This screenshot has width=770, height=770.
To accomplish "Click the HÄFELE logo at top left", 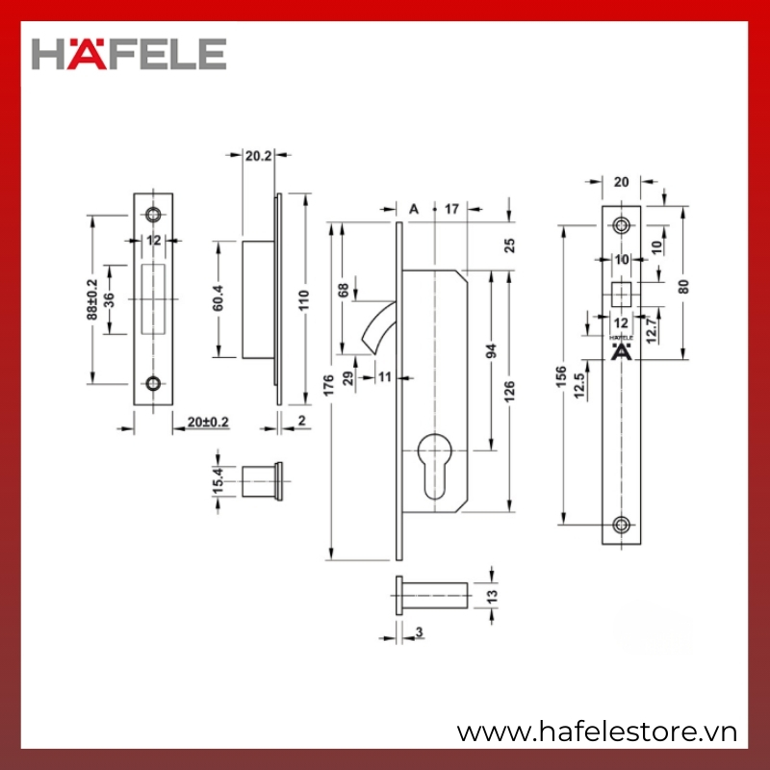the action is coord(129,54).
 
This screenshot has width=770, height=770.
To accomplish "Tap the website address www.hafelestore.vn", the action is coord(597,732).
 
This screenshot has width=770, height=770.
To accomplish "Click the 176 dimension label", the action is coord(328,385).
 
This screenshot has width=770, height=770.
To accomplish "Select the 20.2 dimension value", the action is coord(258,156).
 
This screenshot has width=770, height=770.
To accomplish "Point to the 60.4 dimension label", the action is coord(218,297).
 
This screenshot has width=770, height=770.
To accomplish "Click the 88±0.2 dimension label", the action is coord(91,299).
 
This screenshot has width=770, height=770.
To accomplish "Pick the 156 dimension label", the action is coord(561,376).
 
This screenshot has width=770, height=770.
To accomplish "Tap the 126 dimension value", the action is coord(509,392).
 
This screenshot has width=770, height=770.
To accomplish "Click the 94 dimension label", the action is coord(491,351).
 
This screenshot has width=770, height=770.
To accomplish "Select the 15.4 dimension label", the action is coord(218,480).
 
